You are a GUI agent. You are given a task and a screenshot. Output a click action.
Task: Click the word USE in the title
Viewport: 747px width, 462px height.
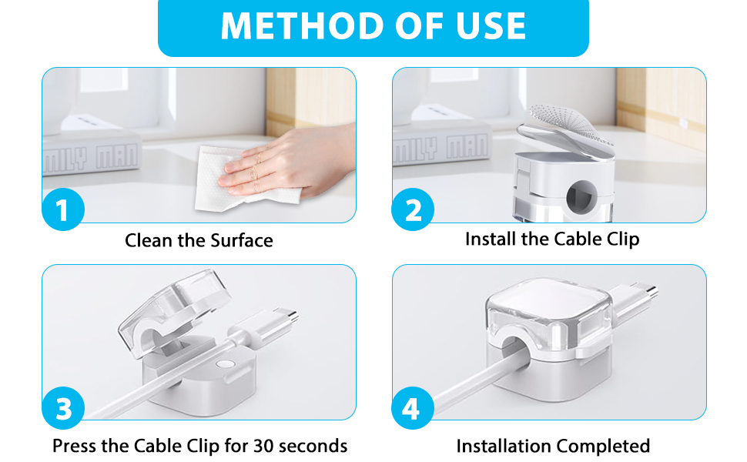[x=485, y=26]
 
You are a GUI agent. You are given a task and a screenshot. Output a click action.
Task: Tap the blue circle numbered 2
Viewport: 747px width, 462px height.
[x=414, y=210]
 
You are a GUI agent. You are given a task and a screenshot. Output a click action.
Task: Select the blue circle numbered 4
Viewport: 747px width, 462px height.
[x=414, y=408]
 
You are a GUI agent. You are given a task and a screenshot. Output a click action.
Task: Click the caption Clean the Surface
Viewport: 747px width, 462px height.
[x=199, y=240]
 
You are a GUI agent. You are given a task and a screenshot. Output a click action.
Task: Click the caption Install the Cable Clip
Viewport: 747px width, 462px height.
[x=552, y=239]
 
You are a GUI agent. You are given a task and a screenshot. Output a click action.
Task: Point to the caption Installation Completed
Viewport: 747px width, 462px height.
[x=553, y=446]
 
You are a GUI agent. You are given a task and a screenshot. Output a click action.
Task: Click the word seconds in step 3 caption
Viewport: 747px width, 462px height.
[x=313, y=446]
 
